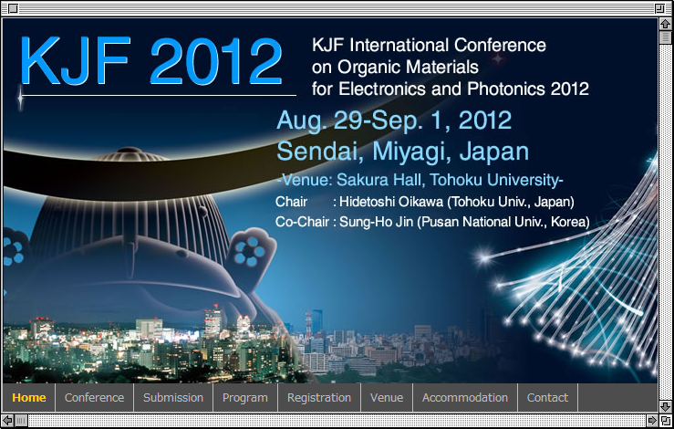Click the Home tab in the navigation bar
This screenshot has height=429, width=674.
tap(29, 398)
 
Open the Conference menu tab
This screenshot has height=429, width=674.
tap(94, 398)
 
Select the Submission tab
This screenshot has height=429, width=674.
tap(173, 398)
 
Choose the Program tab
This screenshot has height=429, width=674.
tap(245, 398)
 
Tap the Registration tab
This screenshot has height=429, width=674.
tap(319, 398)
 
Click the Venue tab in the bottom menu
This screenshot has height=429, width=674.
tap(387, 398)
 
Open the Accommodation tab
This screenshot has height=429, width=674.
tap(465, 398)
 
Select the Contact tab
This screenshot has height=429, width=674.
tap(547, 398)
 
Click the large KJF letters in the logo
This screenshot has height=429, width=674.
tap(75, 60)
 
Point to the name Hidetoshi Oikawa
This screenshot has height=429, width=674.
tap(391, 202)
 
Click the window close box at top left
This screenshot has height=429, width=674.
tap(13, 8)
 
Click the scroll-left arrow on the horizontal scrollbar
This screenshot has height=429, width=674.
tap(7, 421)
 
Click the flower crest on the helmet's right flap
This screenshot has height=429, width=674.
tap(250, 252)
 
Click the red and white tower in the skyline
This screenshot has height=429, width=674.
tap(308, 325)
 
